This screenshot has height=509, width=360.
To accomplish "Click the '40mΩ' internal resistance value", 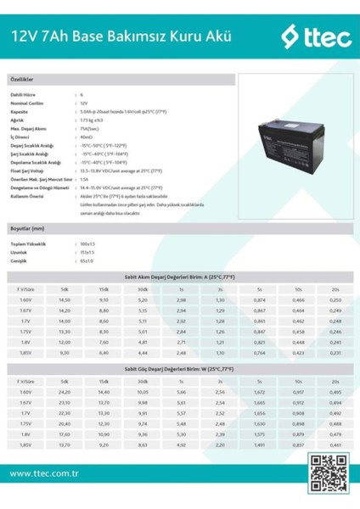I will (x=86, y=136).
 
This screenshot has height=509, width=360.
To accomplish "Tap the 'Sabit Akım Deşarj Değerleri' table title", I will (x=180, y=278).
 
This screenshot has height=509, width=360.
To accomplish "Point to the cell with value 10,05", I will (x=142, y=392).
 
